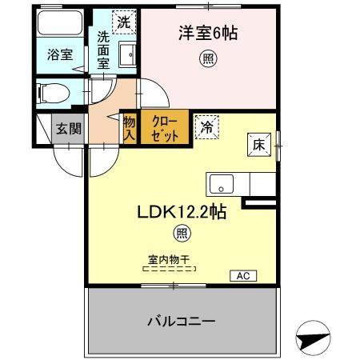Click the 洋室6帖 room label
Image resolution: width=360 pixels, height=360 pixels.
point(208,34)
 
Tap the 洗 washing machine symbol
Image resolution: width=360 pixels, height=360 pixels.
point(123,22)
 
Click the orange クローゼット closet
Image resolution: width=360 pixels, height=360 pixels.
point(166,126)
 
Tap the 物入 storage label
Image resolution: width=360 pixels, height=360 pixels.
point(129,128)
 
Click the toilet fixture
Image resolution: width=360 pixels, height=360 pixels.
point(56,92)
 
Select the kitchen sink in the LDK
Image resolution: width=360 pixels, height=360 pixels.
point(220,185)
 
